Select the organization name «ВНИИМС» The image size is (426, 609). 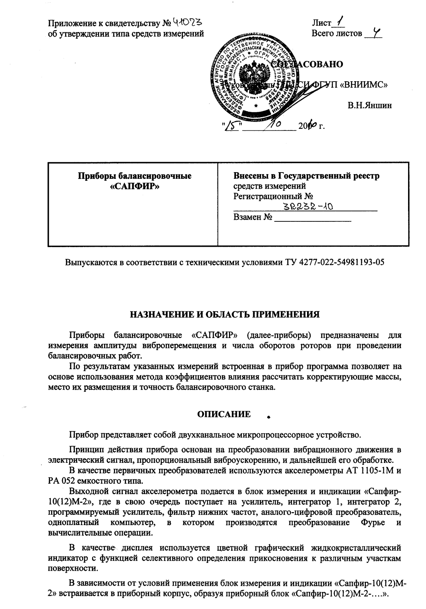click(366, 85)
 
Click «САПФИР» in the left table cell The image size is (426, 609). click(135, 186)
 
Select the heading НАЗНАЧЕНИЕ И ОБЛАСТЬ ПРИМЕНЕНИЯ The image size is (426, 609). click(224, 315)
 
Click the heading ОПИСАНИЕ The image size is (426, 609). click(224, 414)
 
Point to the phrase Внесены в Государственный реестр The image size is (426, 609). click(306, 176)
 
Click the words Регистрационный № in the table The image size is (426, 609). click(273, 196)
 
